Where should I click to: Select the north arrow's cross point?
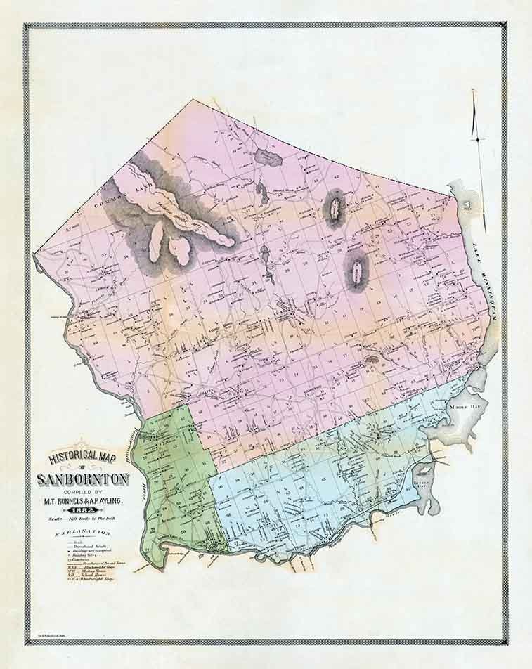click(x=477, y=140)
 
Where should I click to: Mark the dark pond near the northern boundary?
click(x=268, y=158)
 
